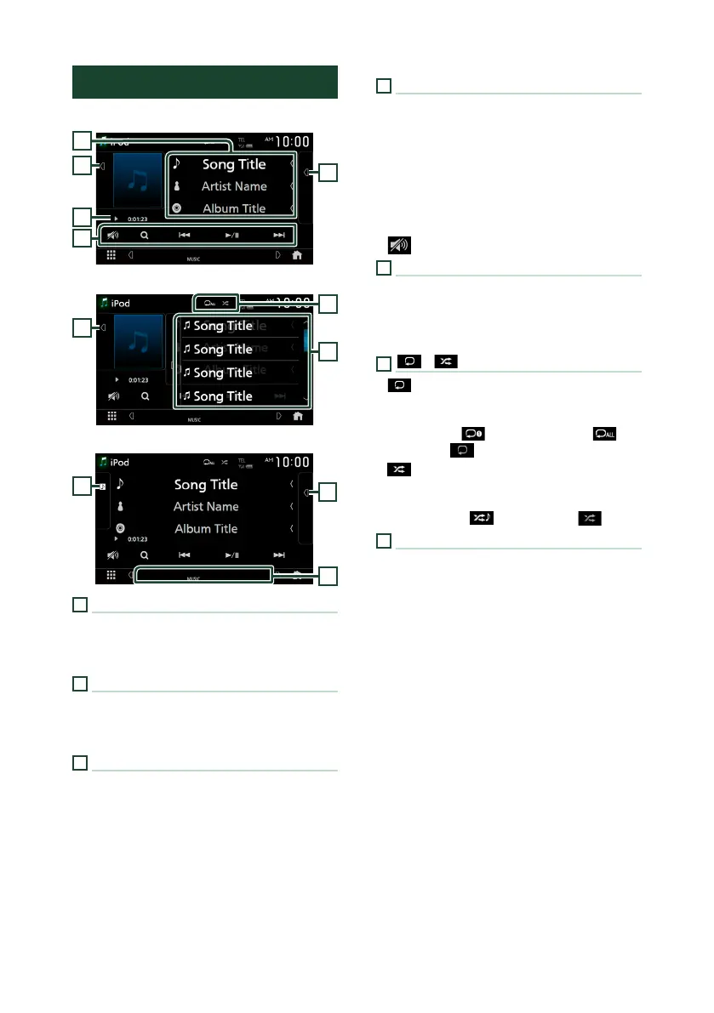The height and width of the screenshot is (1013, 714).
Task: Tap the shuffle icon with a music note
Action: [x=482, y=517]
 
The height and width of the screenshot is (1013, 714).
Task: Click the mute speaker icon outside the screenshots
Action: [x=398, y=246]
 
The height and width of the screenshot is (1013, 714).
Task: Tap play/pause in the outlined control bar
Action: [x=232, y=235]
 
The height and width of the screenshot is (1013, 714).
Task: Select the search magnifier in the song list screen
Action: [x=146, y=396]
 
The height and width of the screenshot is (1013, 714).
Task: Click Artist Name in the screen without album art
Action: [x=206, y=506]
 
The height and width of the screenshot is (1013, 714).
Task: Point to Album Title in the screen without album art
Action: [x=206, y=528]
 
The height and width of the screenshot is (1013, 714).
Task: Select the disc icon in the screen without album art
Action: [x=120, y=528]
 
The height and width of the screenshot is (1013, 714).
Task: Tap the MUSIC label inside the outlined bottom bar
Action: [x=193, y=578]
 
